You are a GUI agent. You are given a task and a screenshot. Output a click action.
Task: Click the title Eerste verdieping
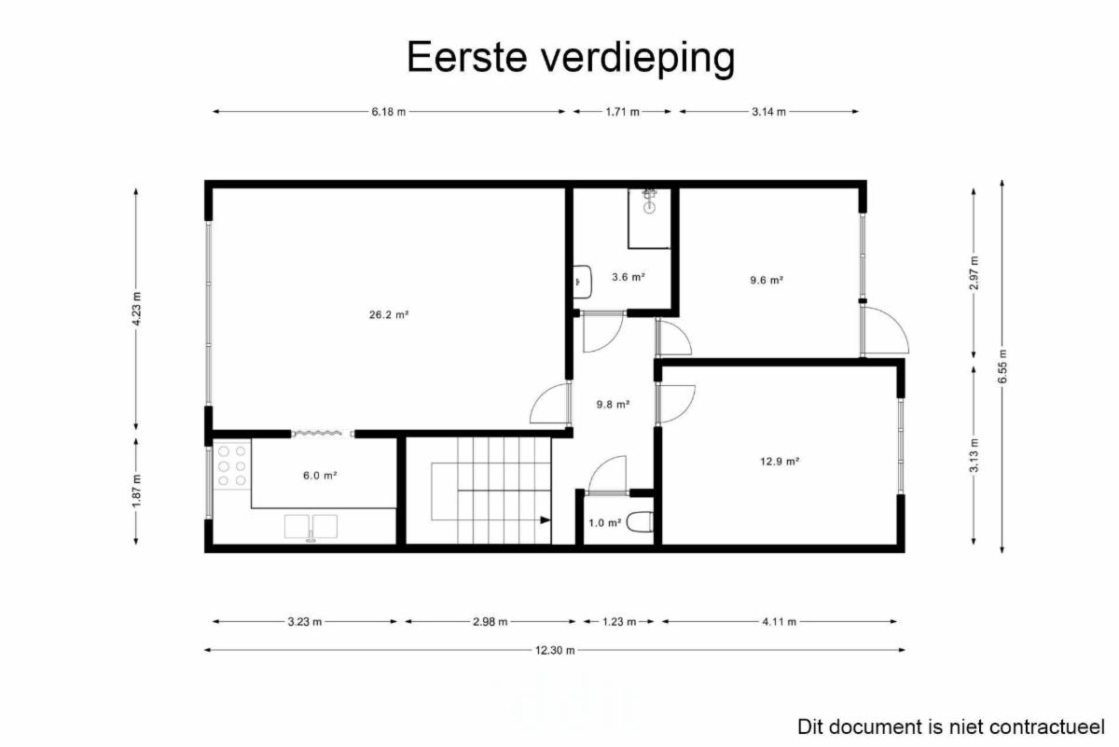tap(571, 58)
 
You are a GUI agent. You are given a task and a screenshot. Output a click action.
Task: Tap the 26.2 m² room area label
tap(389, 315)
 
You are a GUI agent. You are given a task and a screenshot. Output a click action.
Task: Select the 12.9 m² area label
tap(780, 462)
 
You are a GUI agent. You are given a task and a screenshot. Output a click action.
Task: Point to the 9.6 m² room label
tap(767, 281)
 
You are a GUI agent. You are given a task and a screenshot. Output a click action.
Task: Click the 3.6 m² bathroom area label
tap(628, 277)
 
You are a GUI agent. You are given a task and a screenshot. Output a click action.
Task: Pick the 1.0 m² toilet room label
tap(604, 523)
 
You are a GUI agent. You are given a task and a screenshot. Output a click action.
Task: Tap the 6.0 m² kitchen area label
tap(320, 476)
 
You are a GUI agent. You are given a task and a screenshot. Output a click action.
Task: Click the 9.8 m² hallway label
tap(613, 404)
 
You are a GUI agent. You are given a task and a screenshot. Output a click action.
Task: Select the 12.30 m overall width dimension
tap(555, 650)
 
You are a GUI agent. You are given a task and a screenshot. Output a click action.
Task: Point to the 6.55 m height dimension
tap(1002, 367)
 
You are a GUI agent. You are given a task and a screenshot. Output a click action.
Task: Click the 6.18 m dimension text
tap(388, 112)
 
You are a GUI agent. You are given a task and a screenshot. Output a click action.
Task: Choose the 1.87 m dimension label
tap(136, 491)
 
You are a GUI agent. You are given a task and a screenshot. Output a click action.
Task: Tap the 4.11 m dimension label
tap(779, 622)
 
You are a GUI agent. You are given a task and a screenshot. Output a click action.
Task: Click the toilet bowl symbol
tap(640, 522)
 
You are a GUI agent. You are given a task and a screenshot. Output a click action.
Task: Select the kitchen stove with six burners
tap(232, 465)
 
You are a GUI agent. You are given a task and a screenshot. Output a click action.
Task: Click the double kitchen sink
tap(311, 528)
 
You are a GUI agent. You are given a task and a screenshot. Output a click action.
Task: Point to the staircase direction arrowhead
tap(545, 520)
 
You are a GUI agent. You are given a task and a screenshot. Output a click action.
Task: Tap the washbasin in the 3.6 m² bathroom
tap(582, 282)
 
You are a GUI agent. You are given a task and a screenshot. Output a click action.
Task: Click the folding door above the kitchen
tap(323, 434)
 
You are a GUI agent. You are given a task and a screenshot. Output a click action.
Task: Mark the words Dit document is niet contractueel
tap(950, 727)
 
